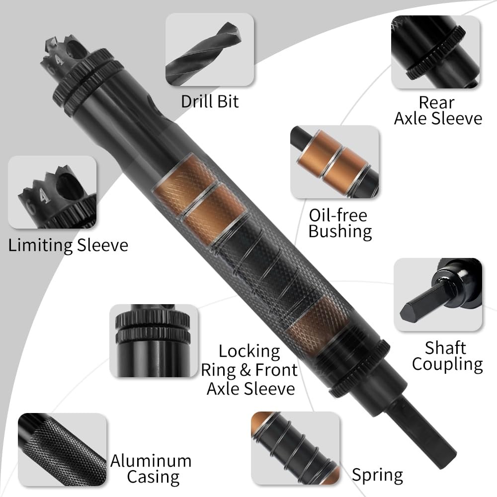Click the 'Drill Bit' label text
210,101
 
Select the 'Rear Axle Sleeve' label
437,110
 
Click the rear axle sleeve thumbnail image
436,52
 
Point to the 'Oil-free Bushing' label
340,223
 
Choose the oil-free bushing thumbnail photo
334,162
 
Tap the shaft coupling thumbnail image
438,294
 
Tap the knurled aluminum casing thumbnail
62,450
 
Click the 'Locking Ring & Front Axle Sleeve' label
249,370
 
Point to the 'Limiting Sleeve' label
68,245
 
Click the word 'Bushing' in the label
340,232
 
